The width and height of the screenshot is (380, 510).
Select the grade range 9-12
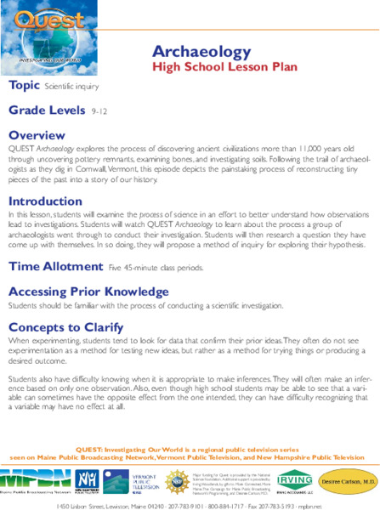(x=99, y=111)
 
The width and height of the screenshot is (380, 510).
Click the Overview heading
(x=36, y=134)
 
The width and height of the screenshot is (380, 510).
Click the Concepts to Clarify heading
(x=65, y=327)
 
